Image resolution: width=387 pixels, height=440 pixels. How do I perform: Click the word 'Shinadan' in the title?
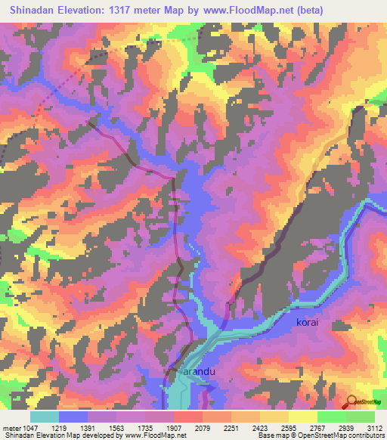pos(36,11)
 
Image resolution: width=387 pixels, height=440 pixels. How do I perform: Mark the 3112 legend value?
pos(373,428)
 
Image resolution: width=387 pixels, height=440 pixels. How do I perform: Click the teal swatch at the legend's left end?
pos(45,417)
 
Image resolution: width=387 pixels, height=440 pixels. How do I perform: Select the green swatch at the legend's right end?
pos(361,417)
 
